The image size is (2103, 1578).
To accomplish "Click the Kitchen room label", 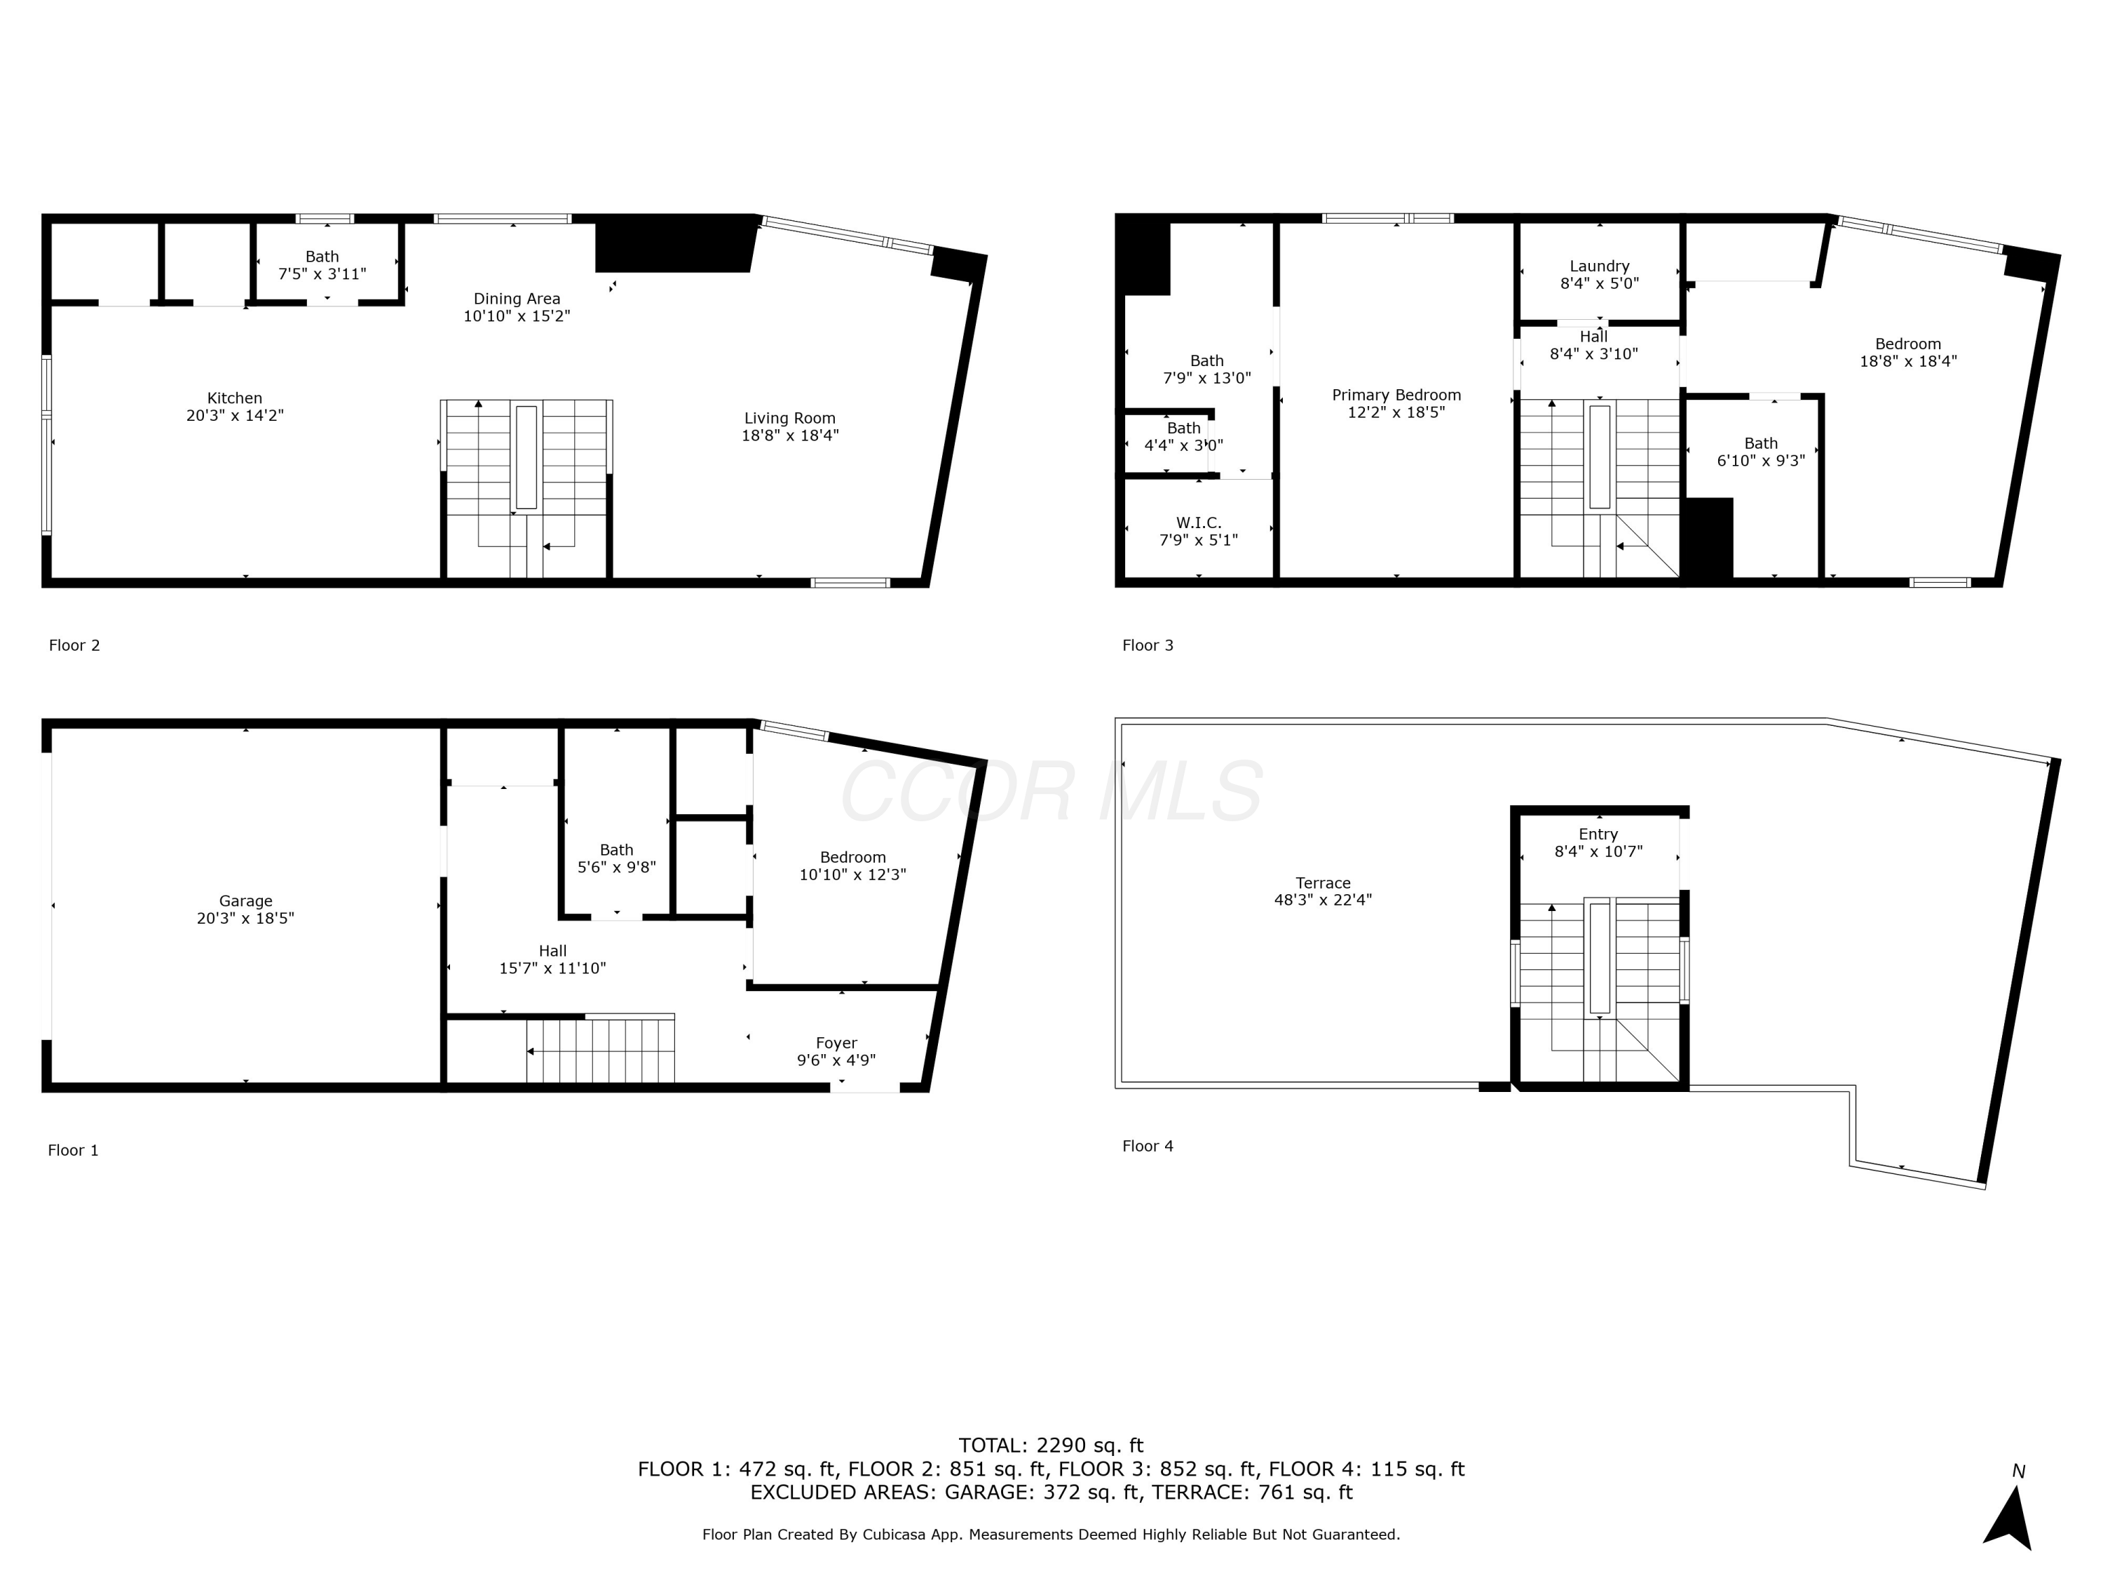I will (x=235, y=398).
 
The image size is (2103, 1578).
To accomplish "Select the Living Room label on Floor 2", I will (x=789, y=419).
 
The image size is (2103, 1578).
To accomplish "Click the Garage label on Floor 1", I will (x=245, y=901).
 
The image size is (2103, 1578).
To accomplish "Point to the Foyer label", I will (x=836, y=1042).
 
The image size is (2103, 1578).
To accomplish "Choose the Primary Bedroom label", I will (x=1396, y=395).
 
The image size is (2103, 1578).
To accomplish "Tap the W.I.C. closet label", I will (x=1198, y=523).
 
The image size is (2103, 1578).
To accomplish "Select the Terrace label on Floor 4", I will (x=1323, y=883).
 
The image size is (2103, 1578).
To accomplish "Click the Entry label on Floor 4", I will (x=1598, y=834).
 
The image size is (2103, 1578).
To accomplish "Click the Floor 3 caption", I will (x=1148, y=645).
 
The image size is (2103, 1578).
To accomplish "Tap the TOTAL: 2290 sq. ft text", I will (x=1051, y=1445).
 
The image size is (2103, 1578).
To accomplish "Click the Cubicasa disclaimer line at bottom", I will (x=1051, y=1535).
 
